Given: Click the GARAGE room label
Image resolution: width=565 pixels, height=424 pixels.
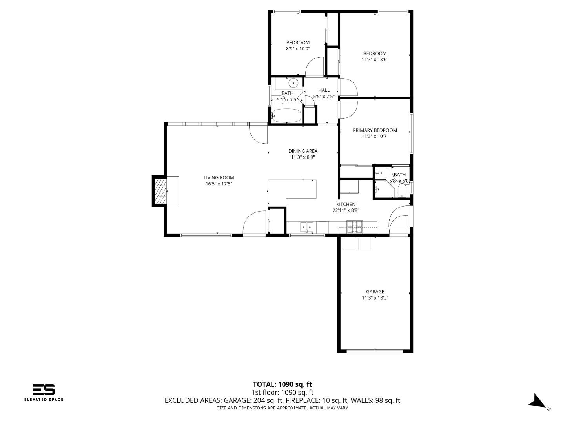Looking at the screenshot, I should (x=375, y=292).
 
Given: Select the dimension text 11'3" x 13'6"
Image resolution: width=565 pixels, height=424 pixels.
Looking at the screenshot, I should (x=375, y=60).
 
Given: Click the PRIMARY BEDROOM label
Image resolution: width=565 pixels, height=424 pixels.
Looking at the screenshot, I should (x=375, y=130).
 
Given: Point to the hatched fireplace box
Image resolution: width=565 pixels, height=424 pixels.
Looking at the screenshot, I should (x=160, y=191).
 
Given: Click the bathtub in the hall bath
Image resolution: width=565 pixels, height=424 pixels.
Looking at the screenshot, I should (x=286, y=116).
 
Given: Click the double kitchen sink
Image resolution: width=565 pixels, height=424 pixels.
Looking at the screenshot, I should (x=307, y=227).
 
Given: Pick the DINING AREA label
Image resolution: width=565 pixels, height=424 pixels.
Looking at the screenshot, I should (x=303, y=151).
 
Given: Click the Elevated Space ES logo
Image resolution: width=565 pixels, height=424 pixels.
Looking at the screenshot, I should (x=44, y=389).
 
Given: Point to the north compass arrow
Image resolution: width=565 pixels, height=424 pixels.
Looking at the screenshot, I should (x=537, y=401).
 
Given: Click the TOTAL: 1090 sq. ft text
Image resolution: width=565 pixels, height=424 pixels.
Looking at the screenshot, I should (x=282, y=384).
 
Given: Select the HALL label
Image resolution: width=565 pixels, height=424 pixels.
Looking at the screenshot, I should (x=324, y=90).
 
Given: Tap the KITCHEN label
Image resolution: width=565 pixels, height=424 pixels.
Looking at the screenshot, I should (x=346, y=204).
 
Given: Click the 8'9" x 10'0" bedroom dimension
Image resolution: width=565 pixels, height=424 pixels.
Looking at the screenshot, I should (x=298, y=49).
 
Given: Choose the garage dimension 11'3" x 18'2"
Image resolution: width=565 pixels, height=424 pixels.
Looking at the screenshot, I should (x=375, y=298).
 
